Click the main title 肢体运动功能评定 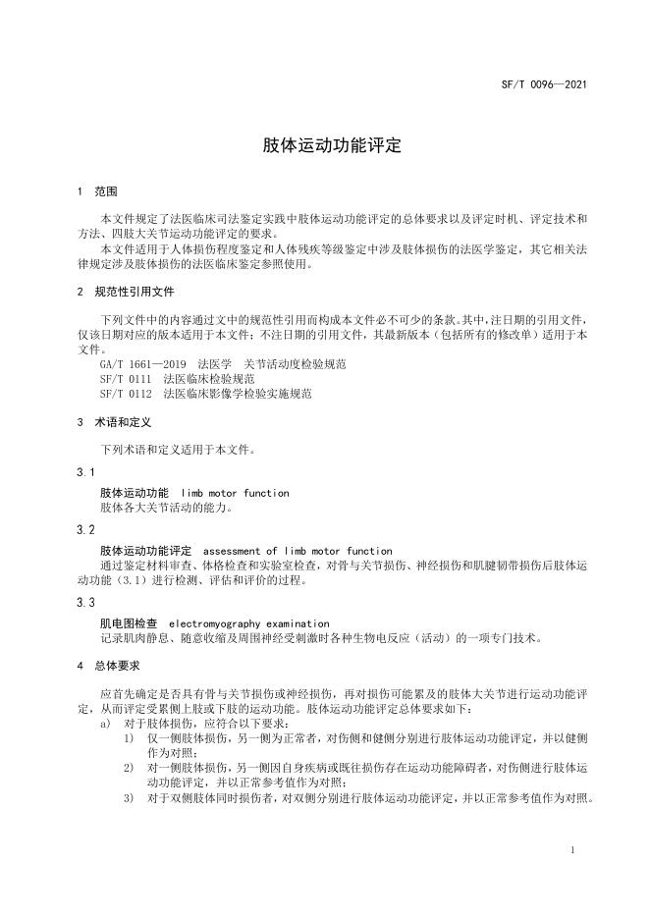coord(332,145)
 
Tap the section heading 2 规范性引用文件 coord(122,292)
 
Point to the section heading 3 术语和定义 coord(115,423)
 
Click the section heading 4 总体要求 coord(108,666)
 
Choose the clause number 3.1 coord(85,472)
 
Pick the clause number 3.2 coord(85,530)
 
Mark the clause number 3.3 coord(85,602)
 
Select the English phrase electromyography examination coord(249,623)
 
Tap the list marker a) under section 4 coord(105,723)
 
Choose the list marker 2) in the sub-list coord(129,767)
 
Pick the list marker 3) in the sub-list coord(129,797)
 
